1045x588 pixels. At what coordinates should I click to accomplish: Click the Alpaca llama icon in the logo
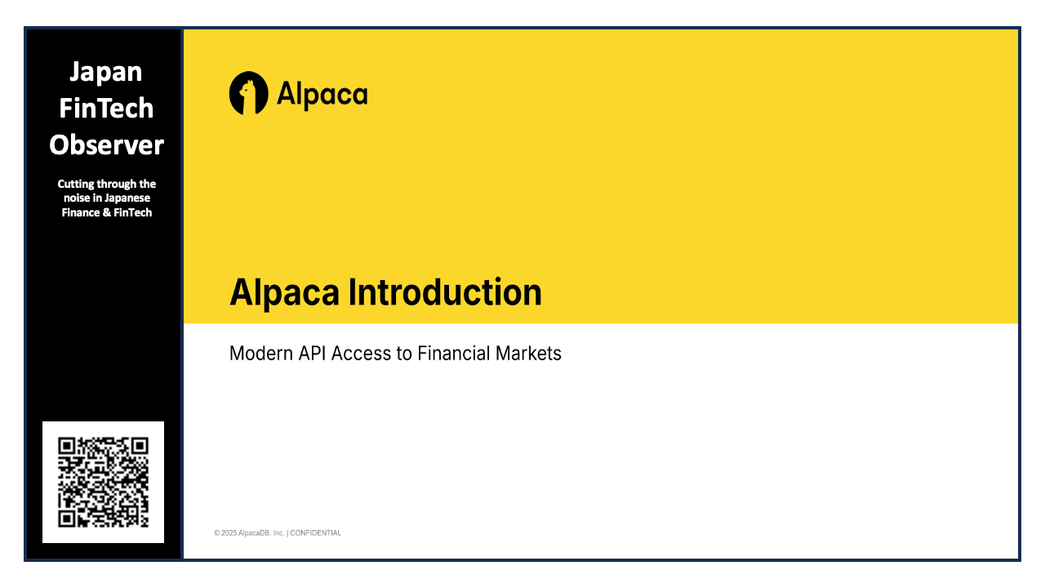point(248,93)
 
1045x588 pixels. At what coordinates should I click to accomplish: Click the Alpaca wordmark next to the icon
point(322,95)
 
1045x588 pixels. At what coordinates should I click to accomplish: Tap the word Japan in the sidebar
point(106,72)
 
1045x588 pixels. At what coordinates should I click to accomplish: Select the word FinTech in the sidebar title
point(106,108)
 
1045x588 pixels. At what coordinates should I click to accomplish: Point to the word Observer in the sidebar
point(106,145)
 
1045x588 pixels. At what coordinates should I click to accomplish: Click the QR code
point(103,482)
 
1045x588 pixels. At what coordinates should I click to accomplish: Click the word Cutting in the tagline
point(76,184)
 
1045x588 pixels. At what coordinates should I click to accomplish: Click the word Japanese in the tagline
point(127,198)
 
